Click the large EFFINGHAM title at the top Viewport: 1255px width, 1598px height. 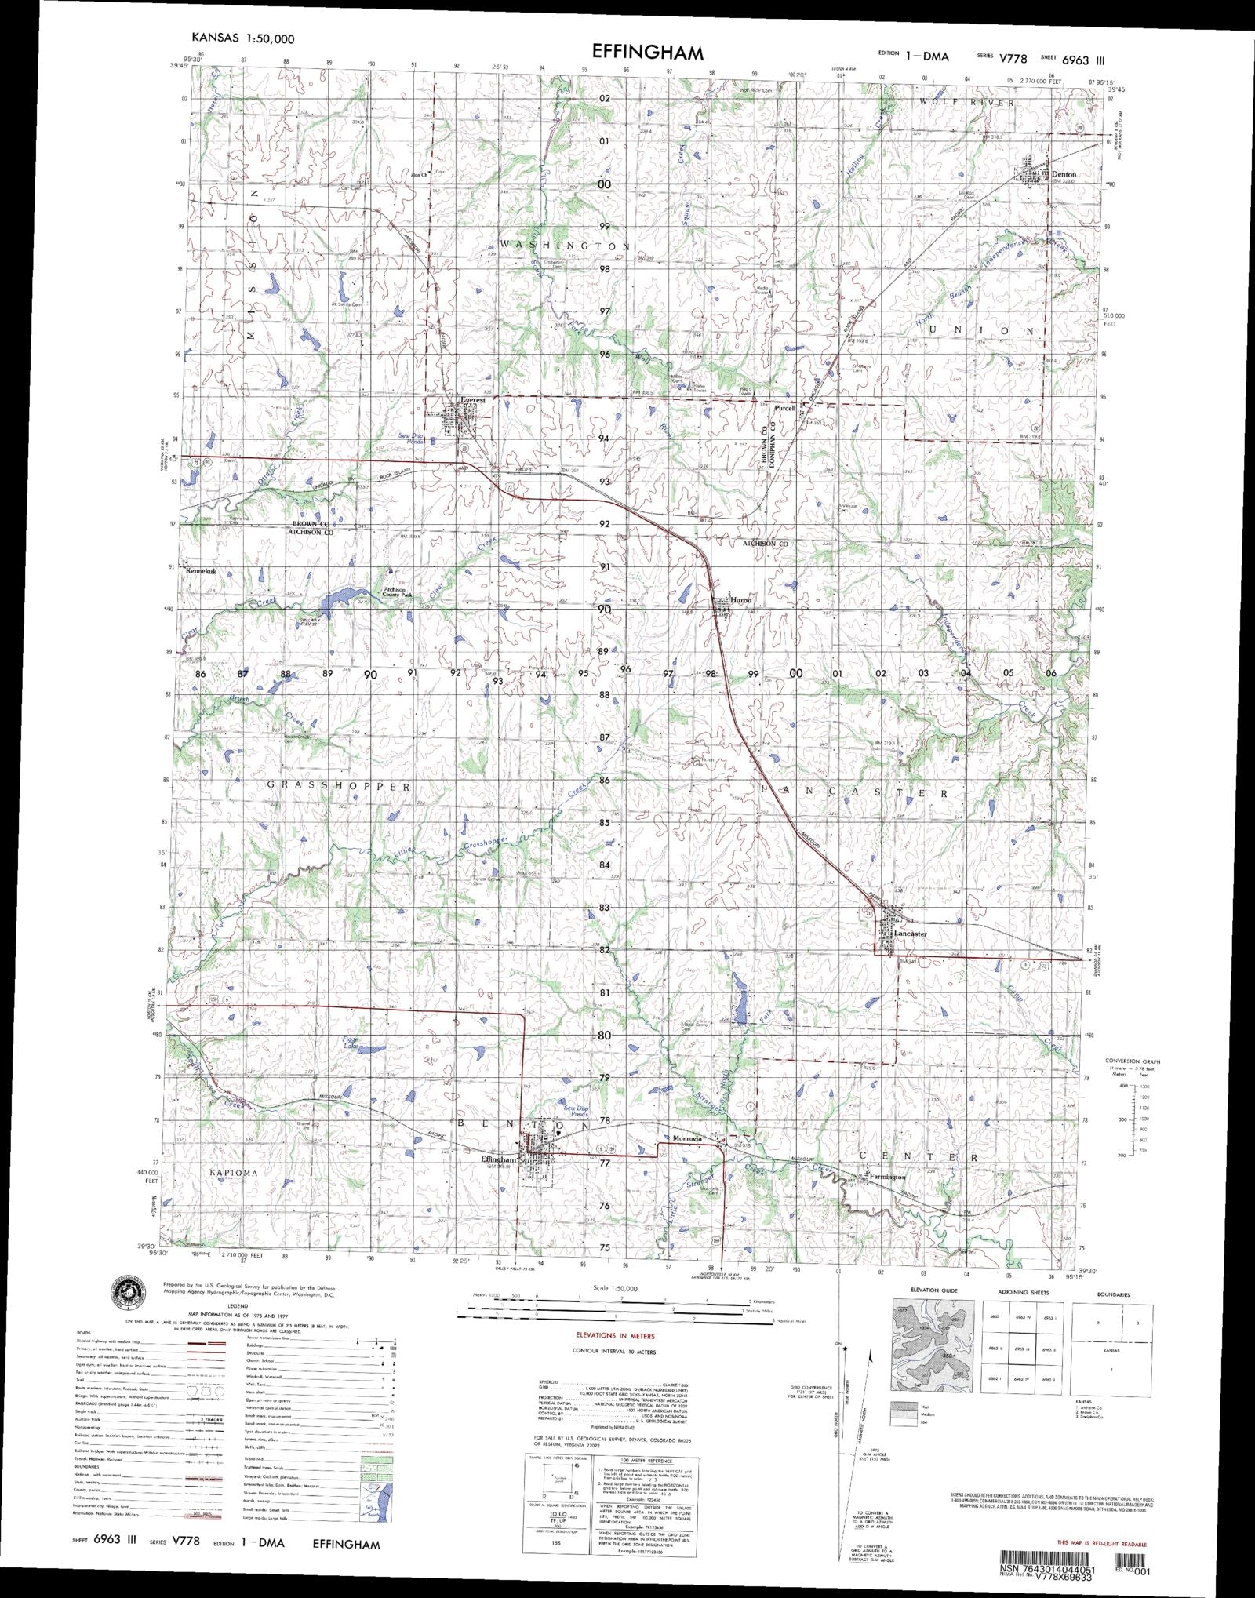click(x=647, y=53)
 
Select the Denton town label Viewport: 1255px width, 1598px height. click(x=1064, y=174)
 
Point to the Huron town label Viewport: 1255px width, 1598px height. click(x=741, y=600)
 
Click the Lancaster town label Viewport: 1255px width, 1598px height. click(x=911, y=934)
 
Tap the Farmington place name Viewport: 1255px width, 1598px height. click(x=886, y=1177)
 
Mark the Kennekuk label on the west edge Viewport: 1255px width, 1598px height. click(x=201, y=571)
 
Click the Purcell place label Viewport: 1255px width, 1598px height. click(x=785, y=408)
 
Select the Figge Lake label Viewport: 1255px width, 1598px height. click(x=350, y=1043)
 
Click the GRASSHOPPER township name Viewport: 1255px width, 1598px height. click(x=339, y=786)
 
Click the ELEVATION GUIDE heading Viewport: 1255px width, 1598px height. click(x=934, y=1290)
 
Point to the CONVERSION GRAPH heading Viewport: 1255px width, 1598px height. click(x=1132, y=1061)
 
